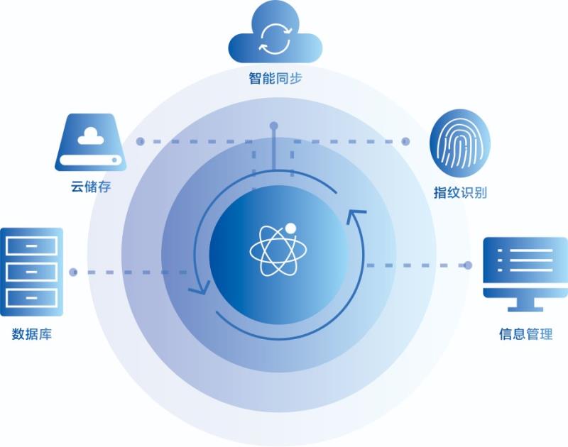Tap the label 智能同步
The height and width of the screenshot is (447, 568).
tap(275, 78)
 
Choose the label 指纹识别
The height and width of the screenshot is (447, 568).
tap(460, 192)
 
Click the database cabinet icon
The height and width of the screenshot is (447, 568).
tap(32, 271)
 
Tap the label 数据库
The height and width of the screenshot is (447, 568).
tap(32, 333)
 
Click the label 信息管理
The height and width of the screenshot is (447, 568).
tap(525, 333)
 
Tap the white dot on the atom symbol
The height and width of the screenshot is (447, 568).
tap(290, 228)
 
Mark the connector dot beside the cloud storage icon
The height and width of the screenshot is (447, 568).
tap(140, 141)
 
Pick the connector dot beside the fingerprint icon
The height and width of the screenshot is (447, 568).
tap(406, 141)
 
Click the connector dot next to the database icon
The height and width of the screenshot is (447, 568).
tap(73, 271)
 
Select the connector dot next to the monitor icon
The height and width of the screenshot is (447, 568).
tap(468, 265)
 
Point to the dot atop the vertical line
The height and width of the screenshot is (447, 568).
tap(273, 126)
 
